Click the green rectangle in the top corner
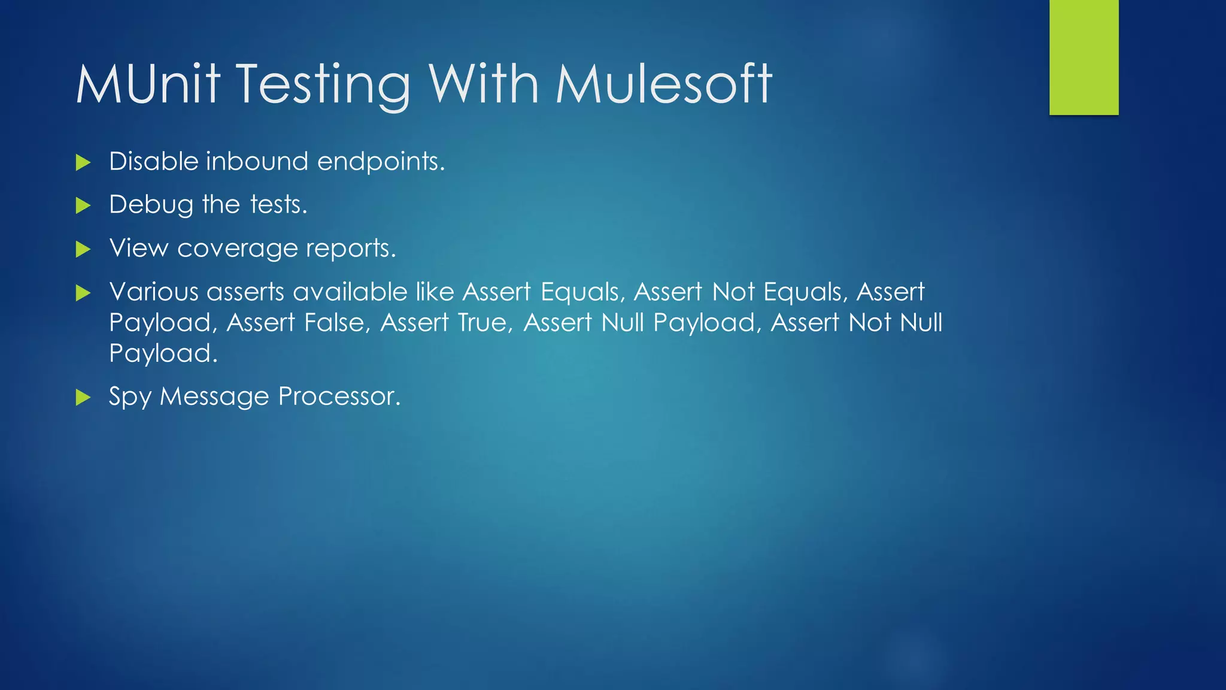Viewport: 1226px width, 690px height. (x=1084, y=57)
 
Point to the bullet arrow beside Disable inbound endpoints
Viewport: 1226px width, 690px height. (x=83, y=162)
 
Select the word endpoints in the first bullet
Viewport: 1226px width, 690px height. (x=381, y=162)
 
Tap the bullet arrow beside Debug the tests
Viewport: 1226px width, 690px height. (x=83, y=206)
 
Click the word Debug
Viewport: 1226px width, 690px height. (x=151, y=205)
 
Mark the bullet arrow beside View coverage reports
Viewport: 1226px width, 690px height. (x=83, y=249)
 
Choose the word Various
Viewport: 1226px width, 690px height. (x=154, y=292)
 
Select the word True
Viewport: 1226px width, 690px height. (x=485, y=323)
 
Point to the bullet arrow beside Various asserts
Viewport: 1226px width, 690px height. (x=83, y=293)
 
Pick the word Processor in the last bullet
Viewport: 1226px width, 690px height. (x=339, y=397)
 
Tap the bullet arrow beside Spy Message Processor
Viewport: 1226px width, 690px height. (x=83, y=397)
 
